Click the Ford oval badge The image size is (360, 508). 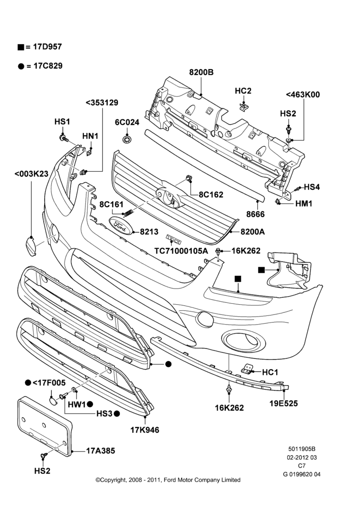click(119, 225)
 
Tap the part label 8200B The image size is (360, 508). click(201, 72)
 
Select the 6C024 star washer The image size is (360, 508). click(127, 139)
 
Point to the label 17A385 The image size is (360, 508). click(101, 451)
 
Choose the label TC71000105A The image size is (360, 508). click(181, 251)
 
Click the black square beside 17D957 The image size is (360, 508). click(21, 47)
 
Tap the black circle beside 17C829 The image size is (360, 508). click(21, 67)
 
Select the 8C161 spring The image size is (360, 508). click(129, 212)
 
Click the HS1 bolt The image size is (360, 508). click(64, 138)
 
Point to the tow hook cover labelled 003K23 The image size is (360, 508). click(31, 246)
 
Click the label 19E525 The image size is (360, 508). click(283, 403)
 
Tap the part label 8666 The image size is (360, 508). click(255, 214)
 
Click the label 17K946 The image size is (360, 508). click(144, 430)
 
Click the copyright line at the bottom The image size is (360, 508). click(168, 480)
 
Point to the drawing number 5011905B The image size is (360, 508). click(302, 449)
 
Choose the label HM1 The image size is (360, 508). click(304, 204)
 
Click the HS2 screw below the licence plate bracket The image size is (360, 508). click(43, 456)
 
